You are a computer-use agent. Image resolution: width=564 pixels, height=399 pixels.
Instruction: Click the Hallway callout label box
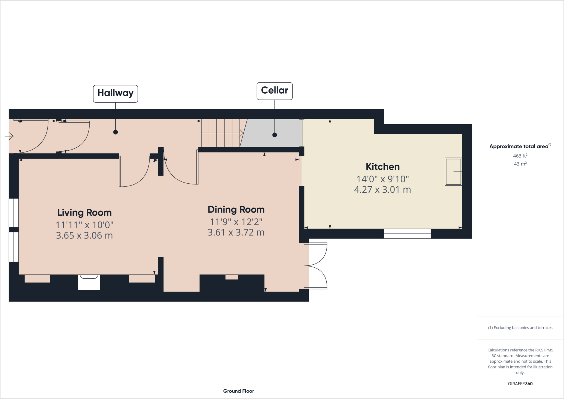pyautogui.click(x=115, y=94)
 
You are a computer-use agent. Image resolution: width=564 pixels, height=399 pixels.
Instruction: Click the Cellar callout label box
pyautogui.click(x=274, y=91)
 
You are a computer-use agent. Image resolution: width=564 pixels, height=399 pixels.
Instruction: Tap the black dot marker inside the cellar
pyautogui.click(x=275, y=135)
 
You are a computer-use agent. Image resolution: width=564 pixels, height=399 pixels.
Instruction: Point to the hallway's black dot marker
pyautogui.click(x=116, y=132)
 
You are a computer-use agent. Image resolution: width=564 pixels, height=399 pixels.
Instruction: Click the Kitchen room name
pyautogui.click(x=382, y=167)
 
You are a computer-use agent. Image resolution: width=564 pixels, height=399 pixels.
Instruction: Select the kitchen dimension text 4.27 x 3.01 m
pyautogui.click(x=382, y=190)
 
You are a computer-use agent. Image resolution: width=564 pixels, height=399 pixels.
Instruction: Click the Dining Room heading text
pyautogui.click(x=236, y=210)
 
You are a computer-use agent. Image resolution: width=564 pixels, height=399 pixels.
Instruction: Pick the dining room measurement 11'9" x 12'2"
pyautogui.click(x=236, y=222)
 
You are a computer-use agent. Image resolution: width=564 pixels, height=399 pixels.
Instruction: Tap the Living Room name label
pyautogui.click(x=84, y=213)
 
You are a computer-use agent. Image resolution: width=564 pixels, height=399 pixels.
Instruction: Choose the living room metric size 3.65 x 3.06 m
pyautogui.click(x=84, y=235)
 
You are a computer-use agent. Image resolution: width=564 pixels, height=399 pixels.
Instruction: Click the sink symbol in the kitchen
pyautogui.click(x=453, y=172)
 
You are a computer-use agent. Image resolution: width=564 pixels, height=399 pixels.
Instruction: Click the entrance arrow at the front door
pyautogui.click(x=9, y=136)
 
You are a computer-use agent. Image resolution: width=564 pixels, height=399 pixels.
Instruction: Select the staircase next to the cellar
pyautogui.click(x=222, y=133)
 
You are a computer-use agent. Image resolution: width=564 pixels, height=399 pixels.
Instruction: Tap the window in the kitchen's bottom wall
pyautogui.click(x=407, y=234)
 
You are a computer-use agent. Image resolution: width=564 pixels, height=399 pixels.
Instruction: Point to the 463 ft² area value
pyautogui.click(x=520, y=156)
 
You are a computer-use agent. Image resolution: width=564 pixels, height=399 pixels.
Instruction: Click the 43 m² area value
pyautogui.click(x=520, y=164)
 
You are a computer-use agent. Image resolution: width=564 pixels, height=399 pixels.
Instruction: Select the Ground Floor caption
pyautogui.click(x=238, y=391)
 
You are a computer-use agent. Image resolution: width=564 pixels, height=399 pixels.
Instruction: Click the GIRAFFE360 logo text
pyautogui.click(x=520, y=384)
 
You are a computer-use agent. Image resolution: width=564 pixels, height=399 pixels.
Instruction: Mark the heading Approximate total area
pyautogui.click(x=519, y=146)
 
